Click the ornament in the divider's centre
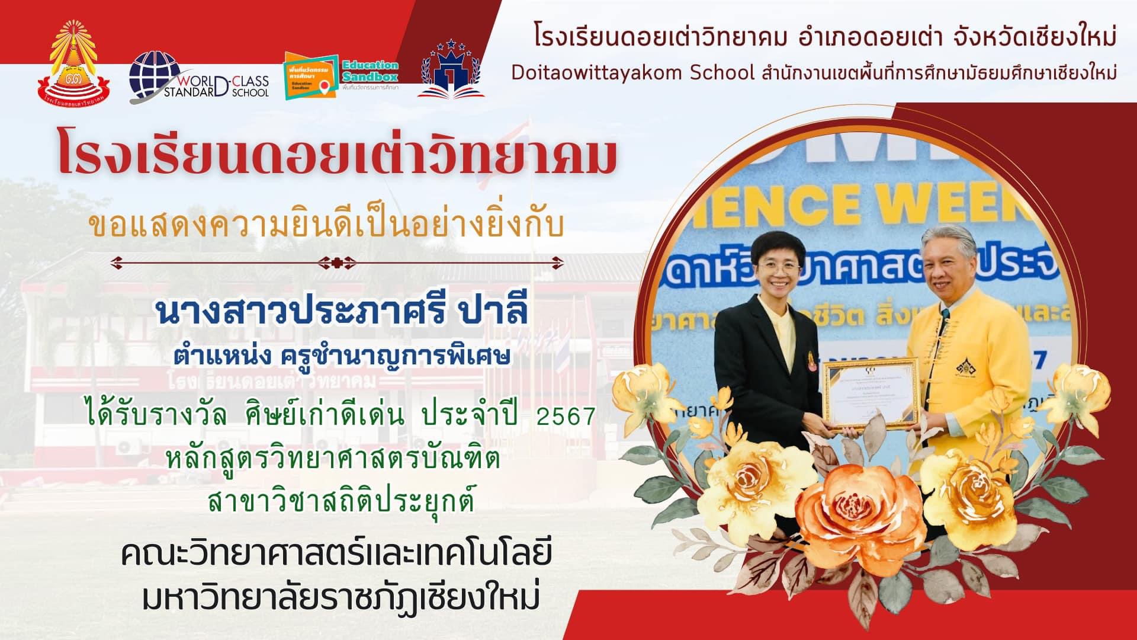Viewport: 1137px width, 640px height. (337, 260)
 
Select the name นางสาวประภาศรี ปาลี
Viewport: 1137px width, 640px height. (341, 313)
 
